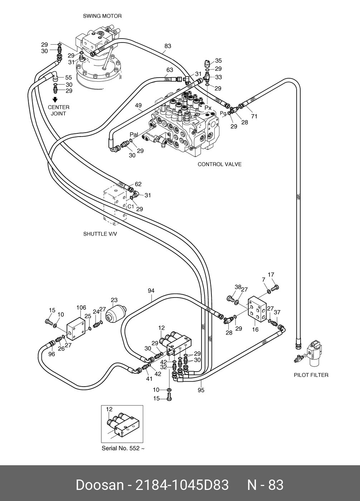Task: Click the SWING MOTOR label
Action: point(102,16)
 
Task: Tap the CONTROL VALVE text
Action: point(219,164)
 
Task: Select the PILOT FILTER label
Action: point(311,375)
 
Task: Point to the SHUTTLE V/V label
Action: point(100,234)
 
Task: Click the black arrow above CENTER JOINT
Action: point(55,100)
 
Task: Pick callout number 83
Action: point(168,46)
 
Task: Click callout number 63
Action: point(170,70)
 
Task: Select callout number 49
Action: point(138,105)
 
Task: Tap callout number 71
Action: point(254,116)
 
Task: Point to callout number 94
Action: point(151,291)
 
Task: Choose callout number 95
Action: point(201,390)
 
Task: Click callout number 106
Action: point(81,308)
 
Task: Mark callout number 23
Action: point(114,300)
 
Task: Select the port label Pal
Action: point(134,135)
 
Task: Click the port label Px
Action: point(208,107)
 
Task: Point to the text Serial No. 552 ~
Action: point(123,448)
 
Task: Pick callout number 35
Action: point(218,61)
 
